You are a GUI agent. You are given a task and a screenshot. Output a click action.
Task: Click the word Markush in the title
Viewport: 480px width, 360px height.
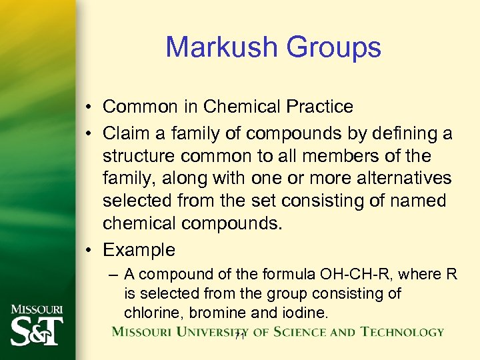(221, 47)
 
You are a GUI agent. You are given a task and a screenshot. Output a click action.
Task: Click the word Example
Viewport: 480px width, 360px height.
(139, 250)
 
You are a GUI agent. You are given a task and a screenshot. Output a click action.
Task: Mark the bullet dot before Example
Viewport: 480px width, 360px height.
(89, 251)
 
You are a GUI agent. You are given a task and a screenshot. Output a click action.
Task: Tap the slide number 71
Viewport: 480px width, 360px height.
(241, 337)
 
